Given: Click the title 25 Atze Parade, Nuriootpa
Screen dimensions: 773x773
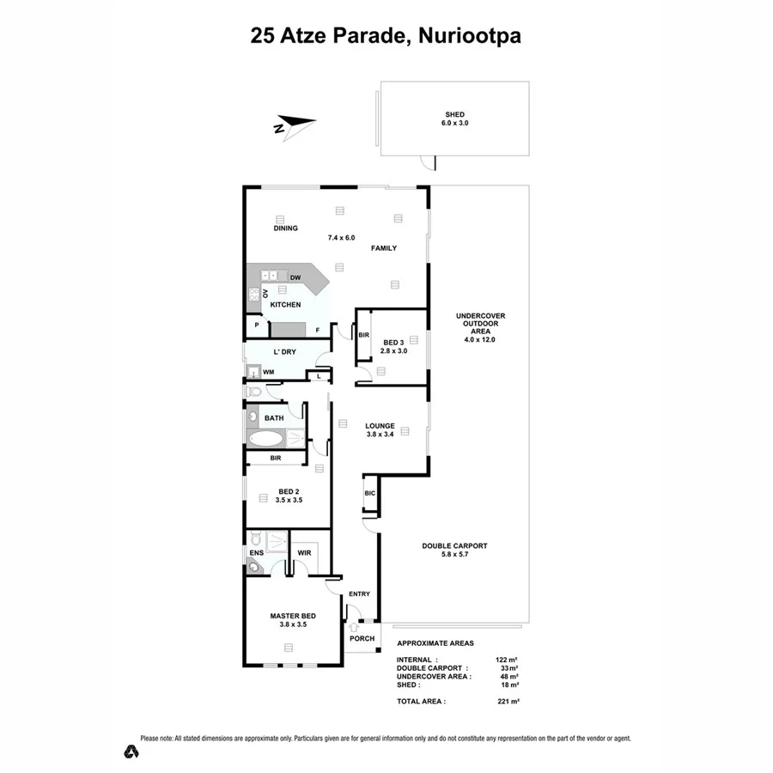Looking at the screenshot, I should tap(386, 36).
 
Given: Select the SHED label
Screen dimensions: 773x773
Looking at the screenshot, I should tap(454, 114).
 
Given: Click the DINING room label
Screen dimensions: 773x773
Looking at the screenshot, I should tap(286, 228).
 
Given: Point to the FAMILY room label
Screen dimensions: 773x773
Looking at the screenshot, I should tap(383, 248).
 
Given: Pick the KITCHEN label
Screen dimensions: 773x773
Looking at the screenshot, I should tap(285, 305).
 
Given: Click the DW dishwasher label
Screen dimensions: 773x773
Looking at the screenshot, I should tap(295, 277).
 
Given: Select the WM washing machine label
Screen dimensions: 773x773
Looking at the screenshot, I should tap(268, 372).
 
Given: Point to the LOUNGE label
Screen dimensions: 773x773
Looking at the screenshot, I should tap(380, 425).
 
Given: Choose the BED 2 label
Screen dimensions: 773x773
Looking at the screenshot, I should tap(287, 492).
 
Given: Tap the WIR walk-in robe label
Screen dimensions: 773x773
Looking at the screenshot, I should tap(304, 552).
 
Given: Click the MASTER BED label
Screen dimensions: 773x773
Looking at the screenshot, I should tap(293, 616).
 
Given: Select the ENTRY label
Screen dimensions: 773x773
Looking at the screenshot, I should tap(359, 594).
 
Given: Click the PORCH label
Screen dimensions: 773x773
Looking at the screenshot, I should tap(361, 638).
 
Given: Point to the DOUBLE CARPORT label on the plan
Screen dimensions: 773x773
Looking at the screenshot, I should tap(454, 545).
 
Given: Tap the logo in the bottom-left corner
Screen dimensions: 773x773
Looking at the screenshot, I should tap(130, 750).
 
